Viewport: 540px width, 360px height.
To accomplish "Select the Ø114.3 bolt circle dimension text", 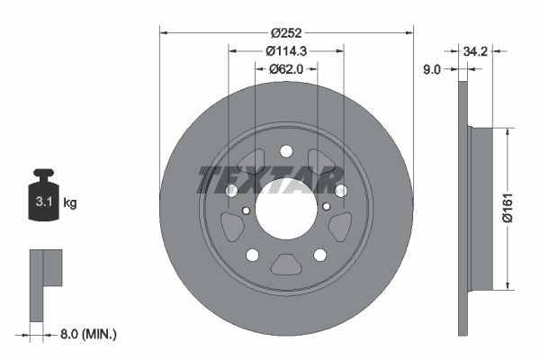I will pos(286,51).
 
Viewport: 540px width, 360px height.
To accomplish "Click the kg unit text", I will pos(70,204).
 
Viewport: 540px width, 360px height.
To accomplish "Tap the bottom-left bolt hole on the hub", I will pos(253,255).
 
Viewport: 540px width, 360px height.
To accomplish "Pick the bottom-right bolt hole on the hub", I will pos(320,255).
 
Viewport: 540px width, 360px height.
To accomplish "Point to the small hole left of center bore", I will pos(247,211).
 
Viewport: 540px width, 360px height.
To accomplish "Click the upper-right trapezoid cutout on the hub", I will pos(324,163).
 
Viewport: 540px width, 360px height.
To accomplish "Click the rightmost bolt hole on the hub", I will pos(341,191).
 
